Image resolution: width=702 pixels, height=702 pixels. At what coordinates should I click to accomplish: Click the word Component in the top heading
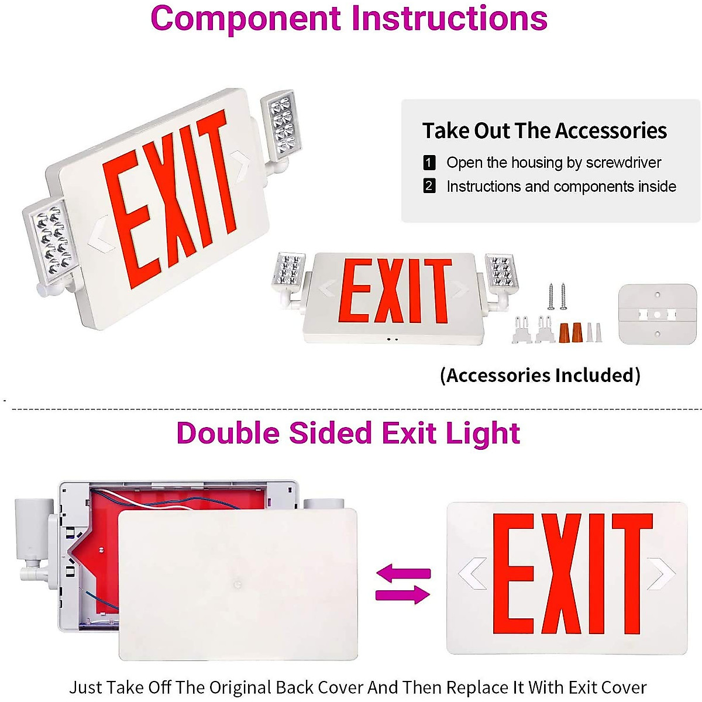click(x=246, y=19)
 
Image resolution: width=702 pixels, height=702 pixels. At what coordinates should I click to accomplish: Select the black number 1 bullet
click(x=429, y=163)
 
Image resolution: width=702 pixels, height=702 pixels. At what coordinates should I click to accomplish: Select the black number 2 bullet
click(x=429, y=187)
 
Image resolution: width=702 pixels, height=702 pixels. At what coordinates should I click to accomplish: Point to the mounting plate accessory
click(x=657, y=314)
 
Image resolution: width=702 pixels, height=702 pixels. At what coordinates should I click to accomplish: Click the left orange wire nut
click(x=565, y=333)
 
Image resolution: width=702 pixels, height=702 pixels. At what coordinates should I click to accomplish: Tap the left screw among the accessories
click(x=551, y=297)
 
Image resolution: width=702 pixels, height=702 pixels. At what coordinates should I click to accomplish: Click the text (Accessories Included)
click(x=540, y=375)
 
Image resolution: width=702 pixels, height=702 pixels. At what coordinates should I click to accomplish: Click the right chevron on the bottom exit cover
click(x=661, y=574)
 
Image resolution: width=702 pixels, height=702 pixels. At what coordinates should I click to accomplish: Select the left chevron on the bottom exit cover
click(x=473, y=574)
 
